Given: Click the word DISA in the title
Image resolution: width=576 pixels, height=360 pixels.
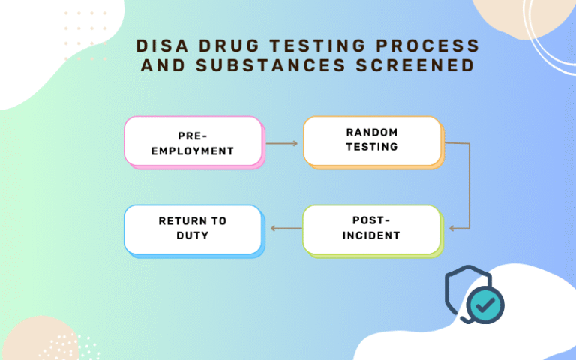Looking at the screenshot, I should [158, 46].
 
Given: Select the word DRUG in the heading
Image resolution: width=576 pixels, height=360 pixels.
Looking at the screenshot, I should [223, 46].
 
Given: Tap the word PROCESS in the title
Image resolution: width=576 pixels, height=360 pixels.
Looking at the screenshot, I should [427, 46].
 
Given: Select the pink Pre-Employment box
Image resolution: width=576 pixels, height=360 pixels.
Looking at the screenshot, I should [193, 142].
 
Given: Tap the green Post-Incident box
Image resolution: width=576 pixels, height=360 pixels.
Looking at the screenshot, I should [371, 229].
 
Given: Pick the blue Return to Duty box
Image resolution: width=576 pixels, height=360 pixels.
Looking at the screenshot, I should [193, 229].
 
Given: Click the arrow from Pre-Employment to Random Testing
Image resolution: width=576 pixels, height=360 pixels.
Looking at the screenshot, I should [282, 142].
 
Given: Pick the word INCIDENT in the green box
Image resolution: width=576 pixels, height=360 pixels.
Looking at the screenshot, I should [373, 235].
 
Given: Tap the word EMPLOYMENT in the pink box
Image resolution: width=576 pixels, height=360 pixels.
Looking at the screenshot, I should [193, 151].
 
